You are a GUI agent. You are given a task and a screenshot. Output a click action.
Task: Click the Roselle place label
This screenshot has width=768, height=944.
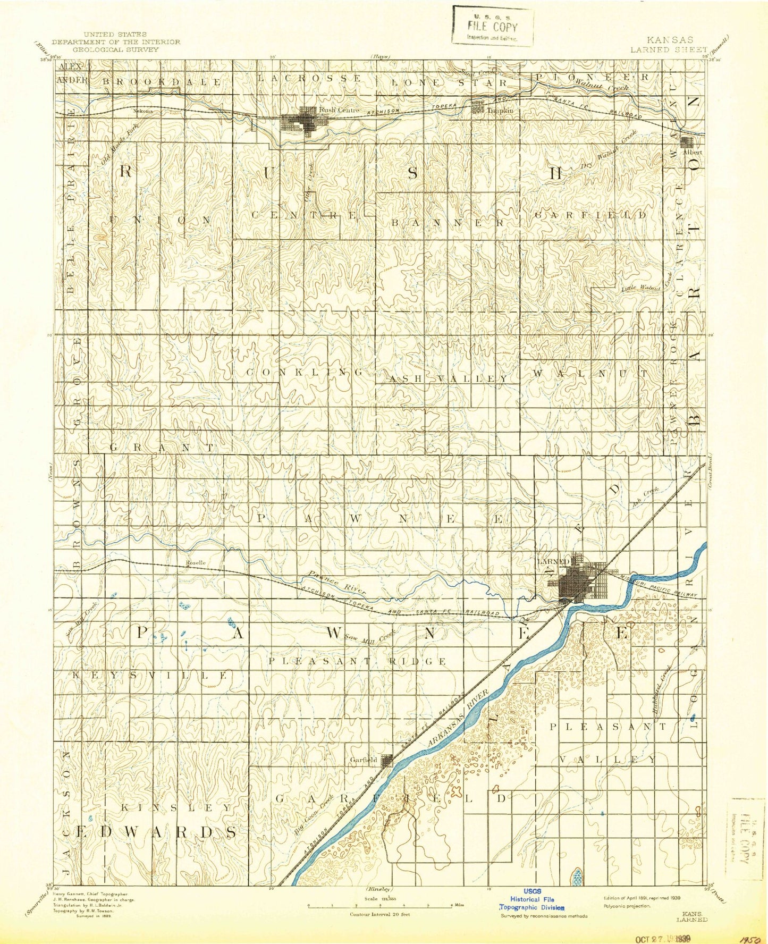pyautogui.click(x=195, y=562)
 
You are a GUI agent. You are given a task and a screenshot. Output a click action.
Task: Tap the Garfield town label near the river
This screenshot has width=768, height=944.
pyautogui.click(x=364, y=760)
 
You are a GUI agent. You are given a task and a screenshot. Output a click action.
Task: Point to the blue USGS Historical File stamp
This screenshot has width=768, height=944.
pyautogui.click(x=532, y=903)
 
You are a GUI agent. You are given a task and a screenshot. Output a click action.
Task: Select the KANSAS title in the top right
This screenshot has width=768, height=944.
pyautogui.click(x=669, y=40)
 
